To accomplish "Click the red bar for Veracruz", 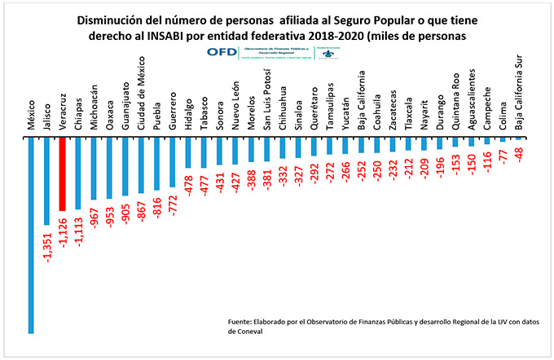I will [x=62, y=174].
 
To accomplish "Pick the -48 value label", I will [x=518, y=155].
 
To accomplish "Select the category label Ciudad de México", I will [x=141, y=95].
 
